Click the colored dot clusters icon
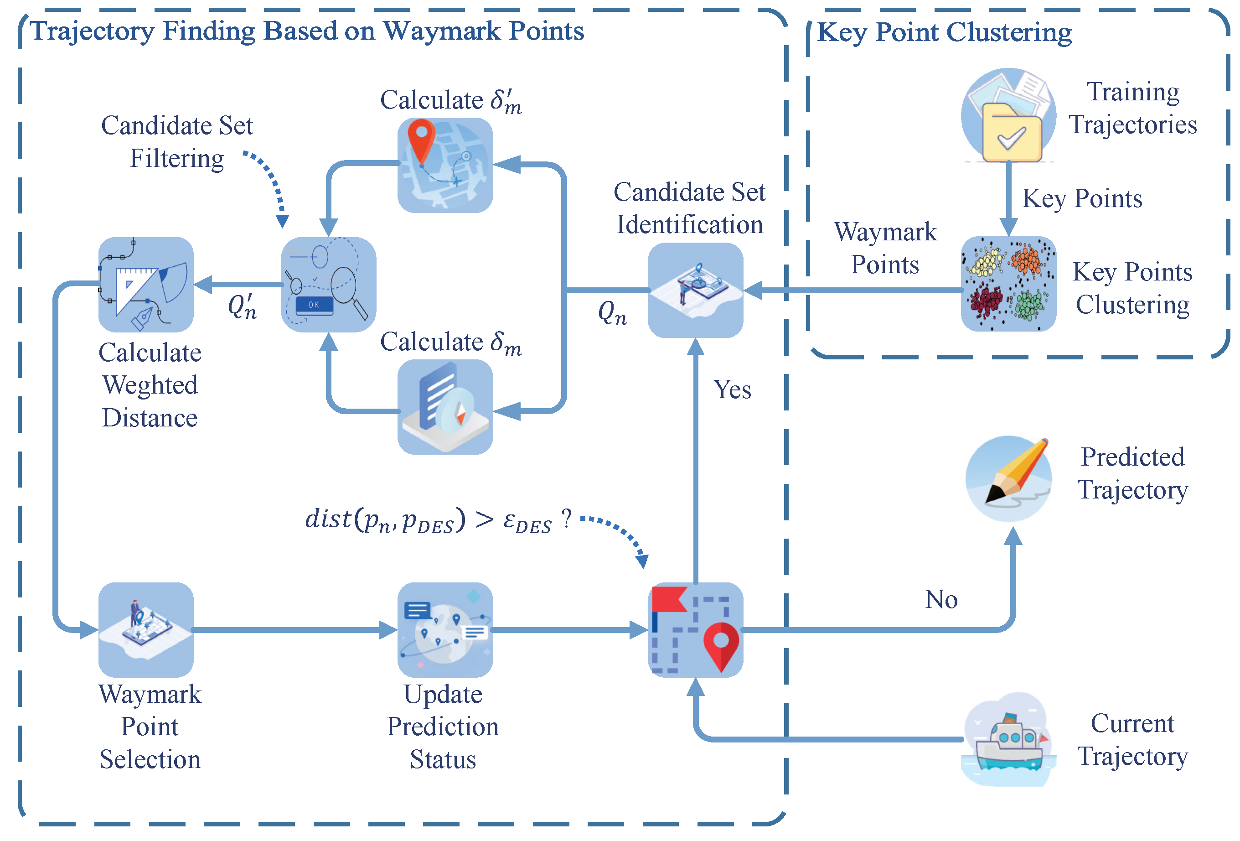pyautogui.click(x=1008, y=284)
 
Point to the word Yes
pyautogui.click(x=732, y=389)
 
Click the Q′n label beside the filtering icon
pyautogui.click(x=242, y=307)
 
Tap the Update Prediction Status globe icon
pyautogui.click(x=444, y=630)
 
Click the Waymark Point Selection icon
pyautogui.click(x=146, y=630)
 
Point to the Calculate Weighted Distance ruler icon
pyautogui.click(x=146, y=285)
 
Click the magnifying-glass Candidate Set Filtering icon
pyautogui.click(x=328, y=285)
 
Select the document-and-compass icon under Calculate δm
pyautogui.click(x=444, y=407)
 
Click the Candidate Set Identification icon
pyautogui.click(x=695, y=290)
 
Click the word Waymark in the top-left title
pyautogui.click(x=442, y=31)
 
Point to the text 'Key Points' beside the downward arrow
pyautogui.click(x=1081, y=198)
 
